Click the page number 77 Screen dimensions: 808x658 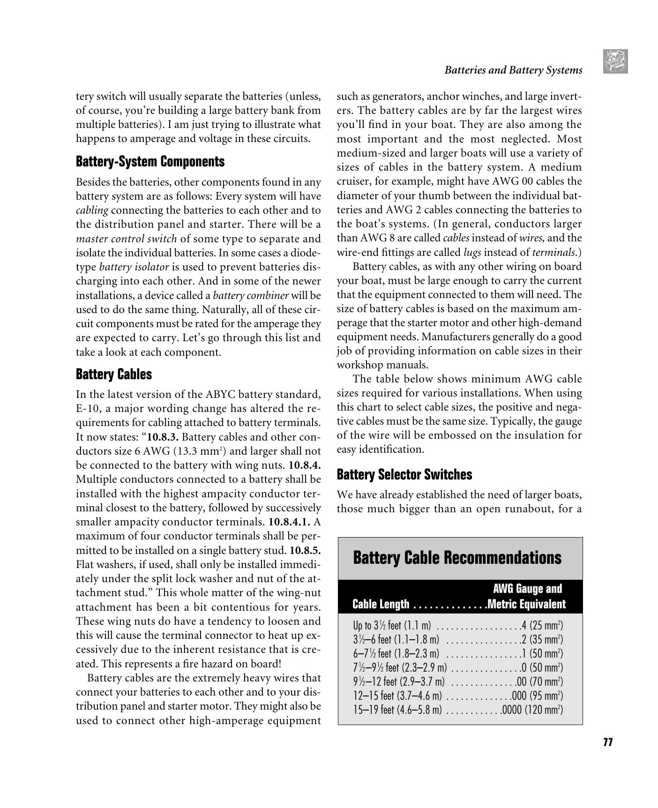click(x=608, y=742)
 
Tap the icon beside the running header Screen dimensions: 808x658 click(x=615, y=61)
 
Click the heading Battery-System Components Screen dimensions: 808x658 click(x=150, y=162)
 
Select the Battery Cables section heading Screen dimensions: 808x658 click(x=114, y=374)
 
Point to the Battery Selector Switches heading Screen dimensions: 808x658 click(x=404, y=474)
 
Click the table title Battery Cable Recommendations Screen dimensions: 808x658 click(x=456, y=558)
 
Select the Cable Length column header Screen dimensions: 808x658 click(x=381, y=604)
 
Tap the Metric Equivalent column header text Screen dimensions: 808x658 click(x=527, y=604)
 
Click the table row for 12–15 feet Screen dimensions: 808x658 click(x=458, y=696)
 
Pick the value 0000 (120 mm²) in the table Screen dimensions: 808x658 click(x=532, y=710)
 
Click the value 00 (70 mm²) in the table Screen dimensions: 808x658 click(x=539, y=681)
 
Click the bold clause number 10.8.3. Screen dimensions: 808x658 click(x=163, y=437)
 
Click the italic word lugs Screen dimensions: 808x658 click(x=472, y=252)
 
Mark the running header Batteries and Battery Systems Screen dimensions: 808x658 click(x=513, y=70)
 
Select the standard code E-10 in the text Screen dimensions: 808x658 click(x=86, y=408)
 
